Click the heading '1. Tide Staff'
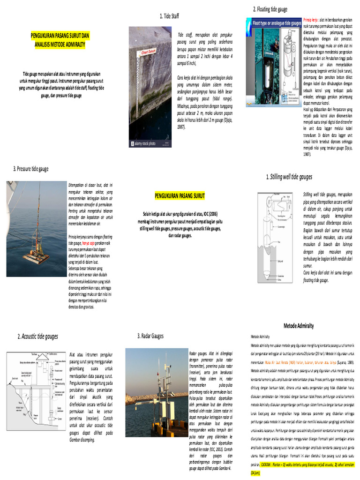pos(169,16)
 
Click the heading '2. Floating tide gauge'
pos(270,9)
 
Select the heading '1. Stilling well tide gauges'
pos(289,177)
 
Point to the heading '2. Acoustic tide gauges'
pos(38,336)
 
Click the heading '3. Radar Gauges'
pos(150,336)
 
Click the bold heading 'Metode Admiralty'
pos(298,325)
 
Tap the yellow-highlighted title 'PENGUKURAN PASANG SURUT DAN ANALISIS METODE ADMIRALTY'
pos(60,39)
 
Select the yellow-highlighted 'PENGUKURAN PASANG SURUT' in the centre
pos(180,195)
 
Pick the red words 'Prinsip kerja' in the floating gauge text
pos(310,21)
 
